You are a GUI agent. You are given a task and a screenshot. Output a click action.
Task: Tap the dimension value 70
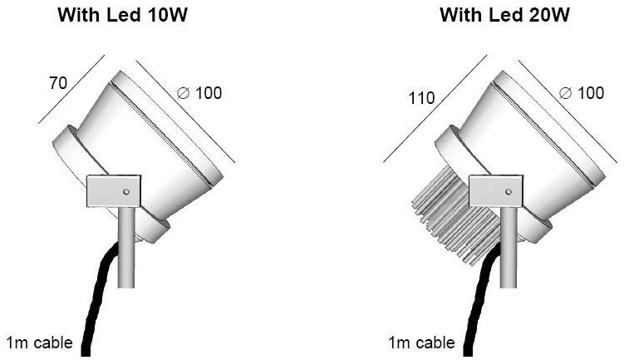pyautogui.click(x=57, y=83)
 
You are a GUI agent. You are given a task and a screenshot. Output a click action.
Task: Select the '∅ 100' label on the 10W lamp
pyautogui.click(x=200, y=93)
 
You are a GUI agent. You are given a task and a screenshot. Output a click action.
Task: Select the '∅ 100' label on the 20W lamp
pyautogui.click(x=582, y=93)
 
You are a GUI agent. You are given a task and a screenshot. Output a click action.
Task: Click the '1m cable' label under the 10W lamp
pyautogui.click(x=39, y=343)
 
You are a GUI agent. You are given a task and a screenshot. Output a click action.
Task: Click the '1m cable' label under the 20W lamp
pyautogui.click(x=421, y=343)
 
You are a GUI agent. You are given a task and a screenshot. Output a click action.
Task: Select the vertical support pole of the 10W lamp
pyautogui.click(x=126, y=249)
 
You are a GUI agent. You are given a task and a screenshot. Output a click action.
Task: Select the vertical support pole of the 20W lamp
pyautogui.click(x=509, y=249)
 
